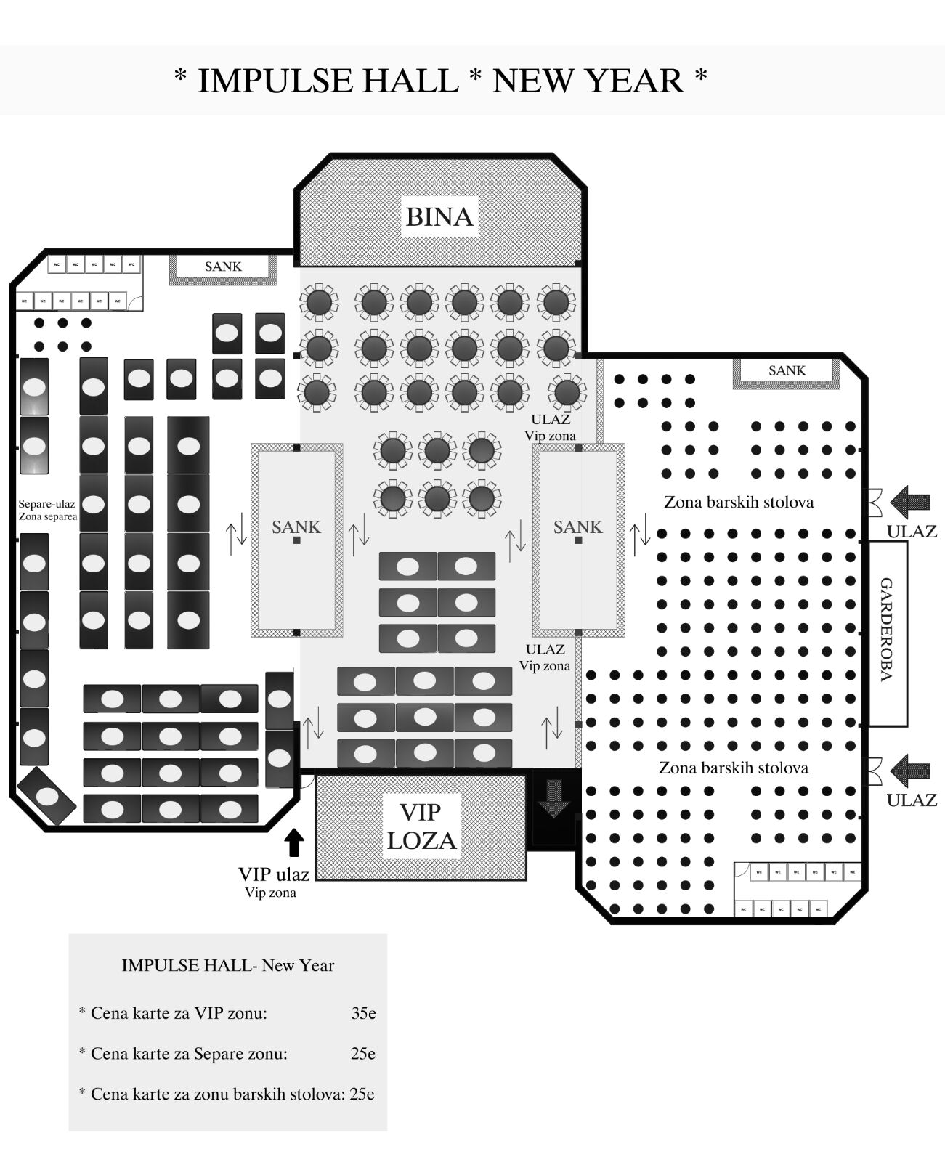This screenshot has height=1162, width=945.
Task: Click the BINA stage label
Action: point(439,216)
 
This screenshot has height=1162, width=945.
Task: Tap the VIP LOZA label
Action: point(421,826)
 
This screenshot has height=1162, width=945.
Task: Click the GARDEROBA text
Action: point(886,629)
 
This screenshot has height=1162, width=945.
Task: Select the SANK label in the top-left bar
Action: point(223,267)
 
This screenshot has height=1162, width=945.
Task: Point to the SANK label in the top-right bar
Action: point(787,370)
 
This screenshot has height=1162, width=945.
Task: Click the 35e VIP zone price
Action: point(363,1013)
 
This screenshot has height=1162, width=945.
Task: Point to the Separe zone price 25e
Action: point(362,1053)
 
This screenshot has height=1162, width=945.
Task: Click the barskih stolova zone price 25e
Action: point(362,1094)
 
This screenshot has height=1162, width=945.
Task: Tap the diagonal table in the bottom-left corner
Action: point(46,796)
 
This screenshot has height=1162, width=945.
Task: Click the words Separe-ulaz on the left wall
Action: point(46,503)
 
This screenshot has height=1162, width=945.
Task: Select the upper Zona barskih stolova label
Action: point(739,502)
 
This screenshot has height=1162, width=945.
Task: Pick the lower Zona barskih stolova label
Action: point(733,768)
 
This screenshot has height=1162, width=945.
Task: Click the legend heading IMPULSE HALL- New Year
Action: point(227,965)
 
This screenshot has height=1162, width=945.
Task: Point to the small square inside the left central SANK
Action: point(297,541)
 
